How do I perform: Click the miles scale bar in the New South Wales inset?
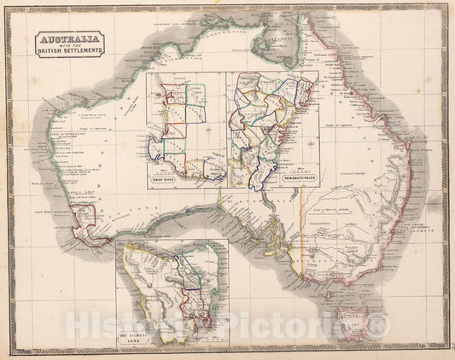pyautogui.click(x=290, y=171)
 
